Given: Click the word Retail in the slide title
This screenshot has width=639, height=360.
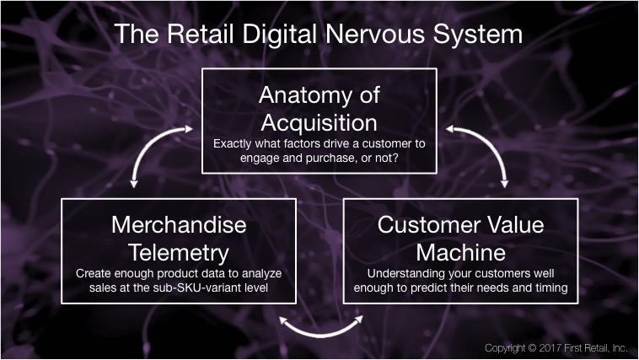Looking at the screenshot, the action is (x=200, y=34).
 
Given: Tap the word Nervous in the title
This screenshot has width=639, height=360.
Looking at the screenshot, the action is (x=376, y=34).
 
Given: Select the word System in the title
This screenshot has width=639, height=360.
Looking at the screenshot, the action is (x=478, y=35).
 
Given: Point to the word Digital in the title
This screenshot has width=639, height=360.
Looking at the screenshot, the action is (x=279, y=34).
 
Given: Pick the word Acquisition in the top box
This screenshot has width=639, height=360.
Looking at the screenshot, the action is (x=319, y=123).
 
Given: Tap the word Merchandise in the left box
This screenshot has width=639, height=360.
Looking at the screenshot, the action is (x=179, y=224).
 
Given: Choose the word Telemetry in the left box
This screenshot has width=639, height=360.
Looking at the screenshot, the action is (x=179, y=253).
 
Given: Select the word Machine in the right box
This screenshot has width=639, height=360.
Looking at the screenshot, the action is (x=461, y=252).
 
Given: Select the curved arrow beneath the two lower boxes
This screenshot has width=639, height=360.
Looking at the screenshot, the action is (x=321, y=334).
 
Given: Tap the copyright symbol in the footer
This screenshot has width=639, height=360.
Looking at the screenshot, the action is (x=532, y=348).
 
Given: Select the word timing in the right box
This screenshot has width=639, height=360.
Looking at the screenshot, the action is (x=552, y=288).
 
